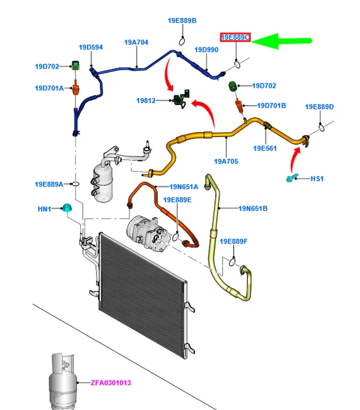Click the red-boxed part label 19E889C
(235, 37)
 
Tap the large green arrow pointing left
(282, 41)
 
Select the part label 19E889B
(182, 20)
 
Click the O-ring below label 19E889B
(182, 41)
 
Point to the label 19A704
(136, 42)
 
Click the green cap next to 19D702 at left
(76, 65)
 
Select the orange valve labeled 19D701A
(76, 88)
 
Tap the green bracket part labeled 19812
(181, 99)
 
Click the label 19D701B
(272, 106)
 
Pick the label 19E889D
(320, 107)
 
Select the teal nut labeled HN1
(67, 208)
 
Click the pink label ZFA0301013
(111, 383)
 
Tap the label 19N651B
(253, 208)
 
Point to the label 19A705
(226, 161)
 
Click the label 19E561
(265, 148)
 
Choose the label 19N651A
(184, 186)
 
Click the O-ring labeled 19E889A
(76, 184)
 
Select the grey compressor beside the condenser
(148, 233)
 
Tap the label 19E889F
(233, 242)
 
